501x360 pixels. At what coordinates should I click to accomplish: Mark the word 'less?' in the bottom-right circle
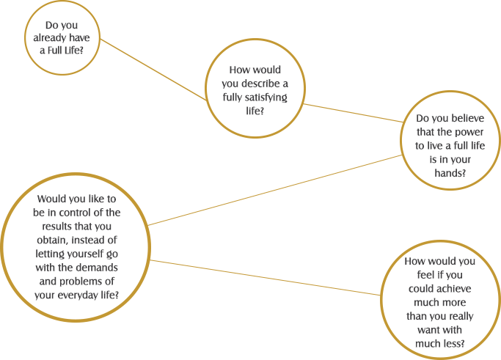(451, 344)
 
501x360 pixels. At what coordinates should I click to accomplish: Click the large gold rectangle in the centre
(275, 190)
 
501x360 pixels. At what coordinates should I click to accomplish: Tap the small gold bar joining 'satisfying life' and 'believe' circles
(352, 113)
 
